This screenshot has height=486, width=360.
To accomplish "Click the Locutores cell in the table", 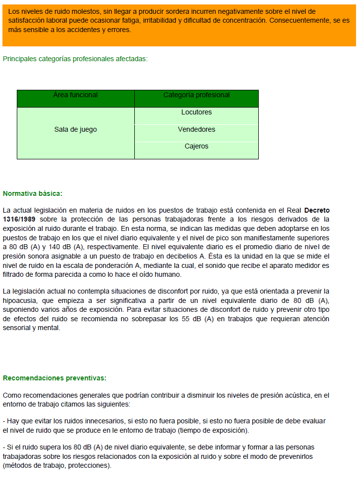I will pyautogui.click(x=196, y=112).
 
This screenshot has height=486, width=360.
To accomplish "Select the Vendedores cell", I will pyautogui.click(x=196, y=130).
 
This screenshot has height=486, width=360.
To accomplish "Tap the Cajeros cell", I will pyautogui.click(x=196, y=147).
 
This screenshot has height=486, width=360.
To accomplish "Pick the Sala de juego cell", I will pyautogui.click(x=76, y=130).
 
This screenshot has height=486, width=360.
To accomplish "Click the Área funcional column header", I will pyautogui.click(x=76, y=95).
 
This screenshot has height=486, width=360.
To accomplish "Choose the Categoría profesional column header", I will pyautogui.click(x=196, y=95).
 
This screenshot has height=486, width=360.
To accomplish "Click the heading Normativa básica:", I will pyautogui.click(x=33, y=193).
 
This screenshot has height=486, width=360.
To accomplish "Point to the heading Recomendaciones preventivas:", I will pyautogui.click(x=54, y=378).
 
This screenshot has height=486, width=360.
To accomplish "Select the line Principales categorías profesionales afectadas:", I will pyautogui.click(x=75, y=59).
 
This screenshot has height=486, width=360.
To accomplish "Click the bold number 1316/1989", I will pyautogui.click(x=22, y=219).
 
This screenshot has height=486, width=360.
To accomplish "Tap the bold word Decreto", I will pyautogui.click(x=317, y=211).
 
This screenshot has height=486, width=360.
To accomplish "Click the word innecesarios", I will pyautogui.click(x=103, y=421).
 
